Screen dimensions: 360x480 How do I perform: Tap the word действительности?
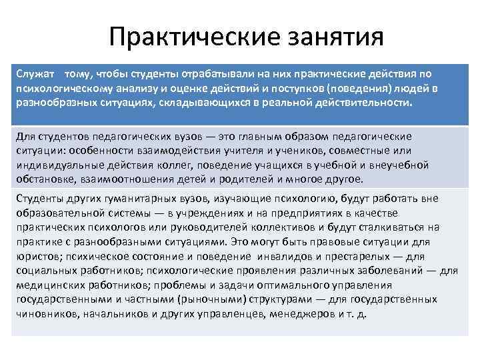361,105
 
